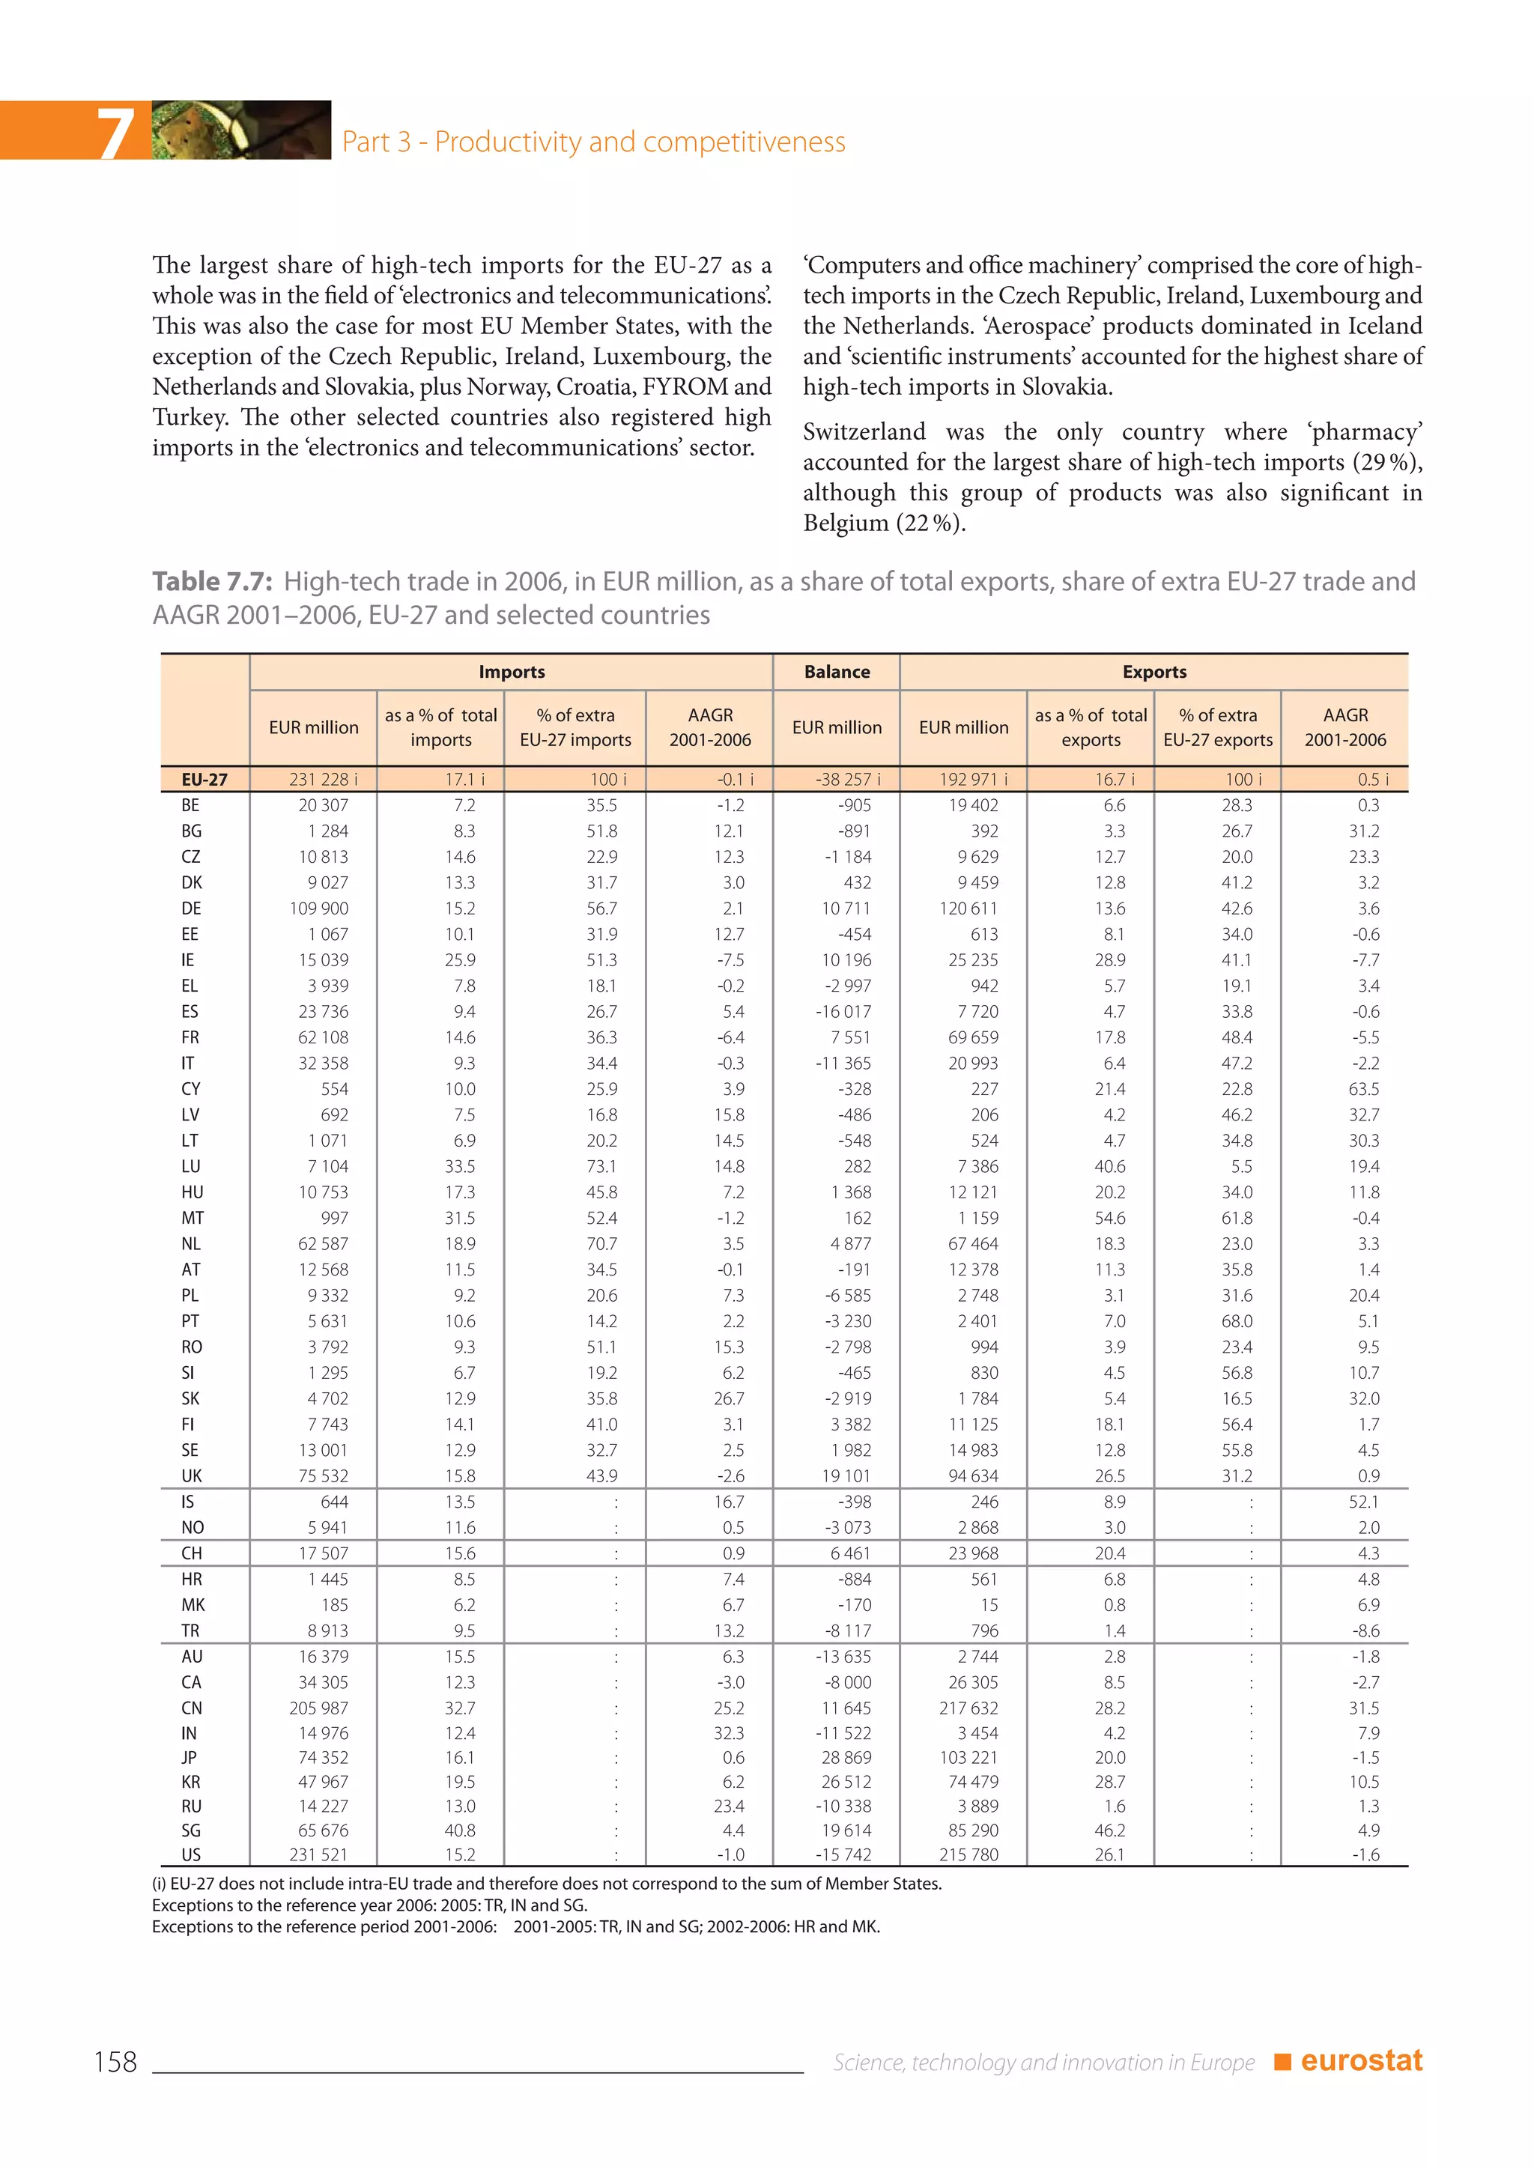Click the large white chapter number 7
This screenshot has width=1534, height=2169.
pos(115,133)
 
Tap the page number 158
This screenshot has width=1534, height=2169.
pos(115,2061)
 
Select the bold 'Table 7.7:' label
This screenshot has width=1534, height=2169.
pos(213,581)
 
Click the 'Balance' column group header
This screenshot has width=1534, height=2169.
pos(837,672)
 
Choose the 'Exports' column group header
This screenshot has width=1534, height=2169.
pos(1154,672)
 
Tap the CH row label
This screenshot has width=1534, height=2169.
pos(191,1553)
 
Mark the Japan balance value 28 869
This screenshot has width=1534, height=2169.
pos(846,1757)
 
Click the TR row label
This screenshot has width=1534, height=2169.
pos(191,1630)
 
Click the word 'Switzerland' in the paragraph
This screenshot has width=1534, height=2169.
pos(864,431)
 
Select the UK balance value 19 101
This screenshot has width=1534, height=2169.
pos(846,1475)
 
